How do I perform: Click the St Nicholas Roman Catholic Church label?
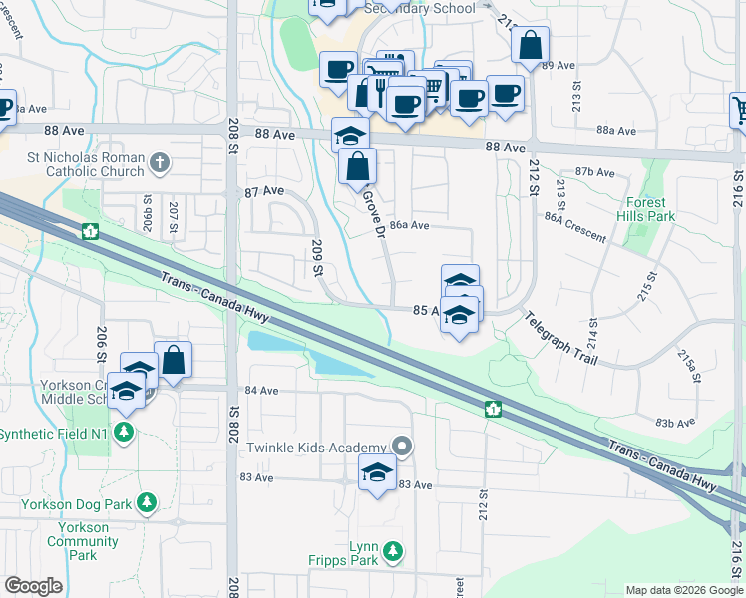(87, 162)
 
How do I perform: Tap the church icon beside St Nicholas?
(158, 161)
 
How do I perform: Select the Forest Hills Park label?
(644, 208)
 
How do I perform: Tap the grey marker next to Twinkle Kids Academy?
(401, 445)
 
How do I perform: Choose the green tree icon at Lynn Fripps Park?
(393, 549)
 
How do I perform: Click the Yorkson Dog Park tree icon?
(147, 500)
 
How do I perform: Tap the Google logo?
(33, 586)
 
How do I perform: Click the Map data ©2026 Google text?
(683, 590)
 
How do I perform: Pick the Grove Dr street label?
(375, 212)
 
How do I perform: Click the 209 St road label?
(318, 257)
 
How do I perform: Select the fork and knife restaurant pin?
(380, 93)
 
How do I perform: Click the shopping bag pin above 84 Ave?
(174, 362)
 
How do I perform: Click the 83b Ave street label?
(674, 422)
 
